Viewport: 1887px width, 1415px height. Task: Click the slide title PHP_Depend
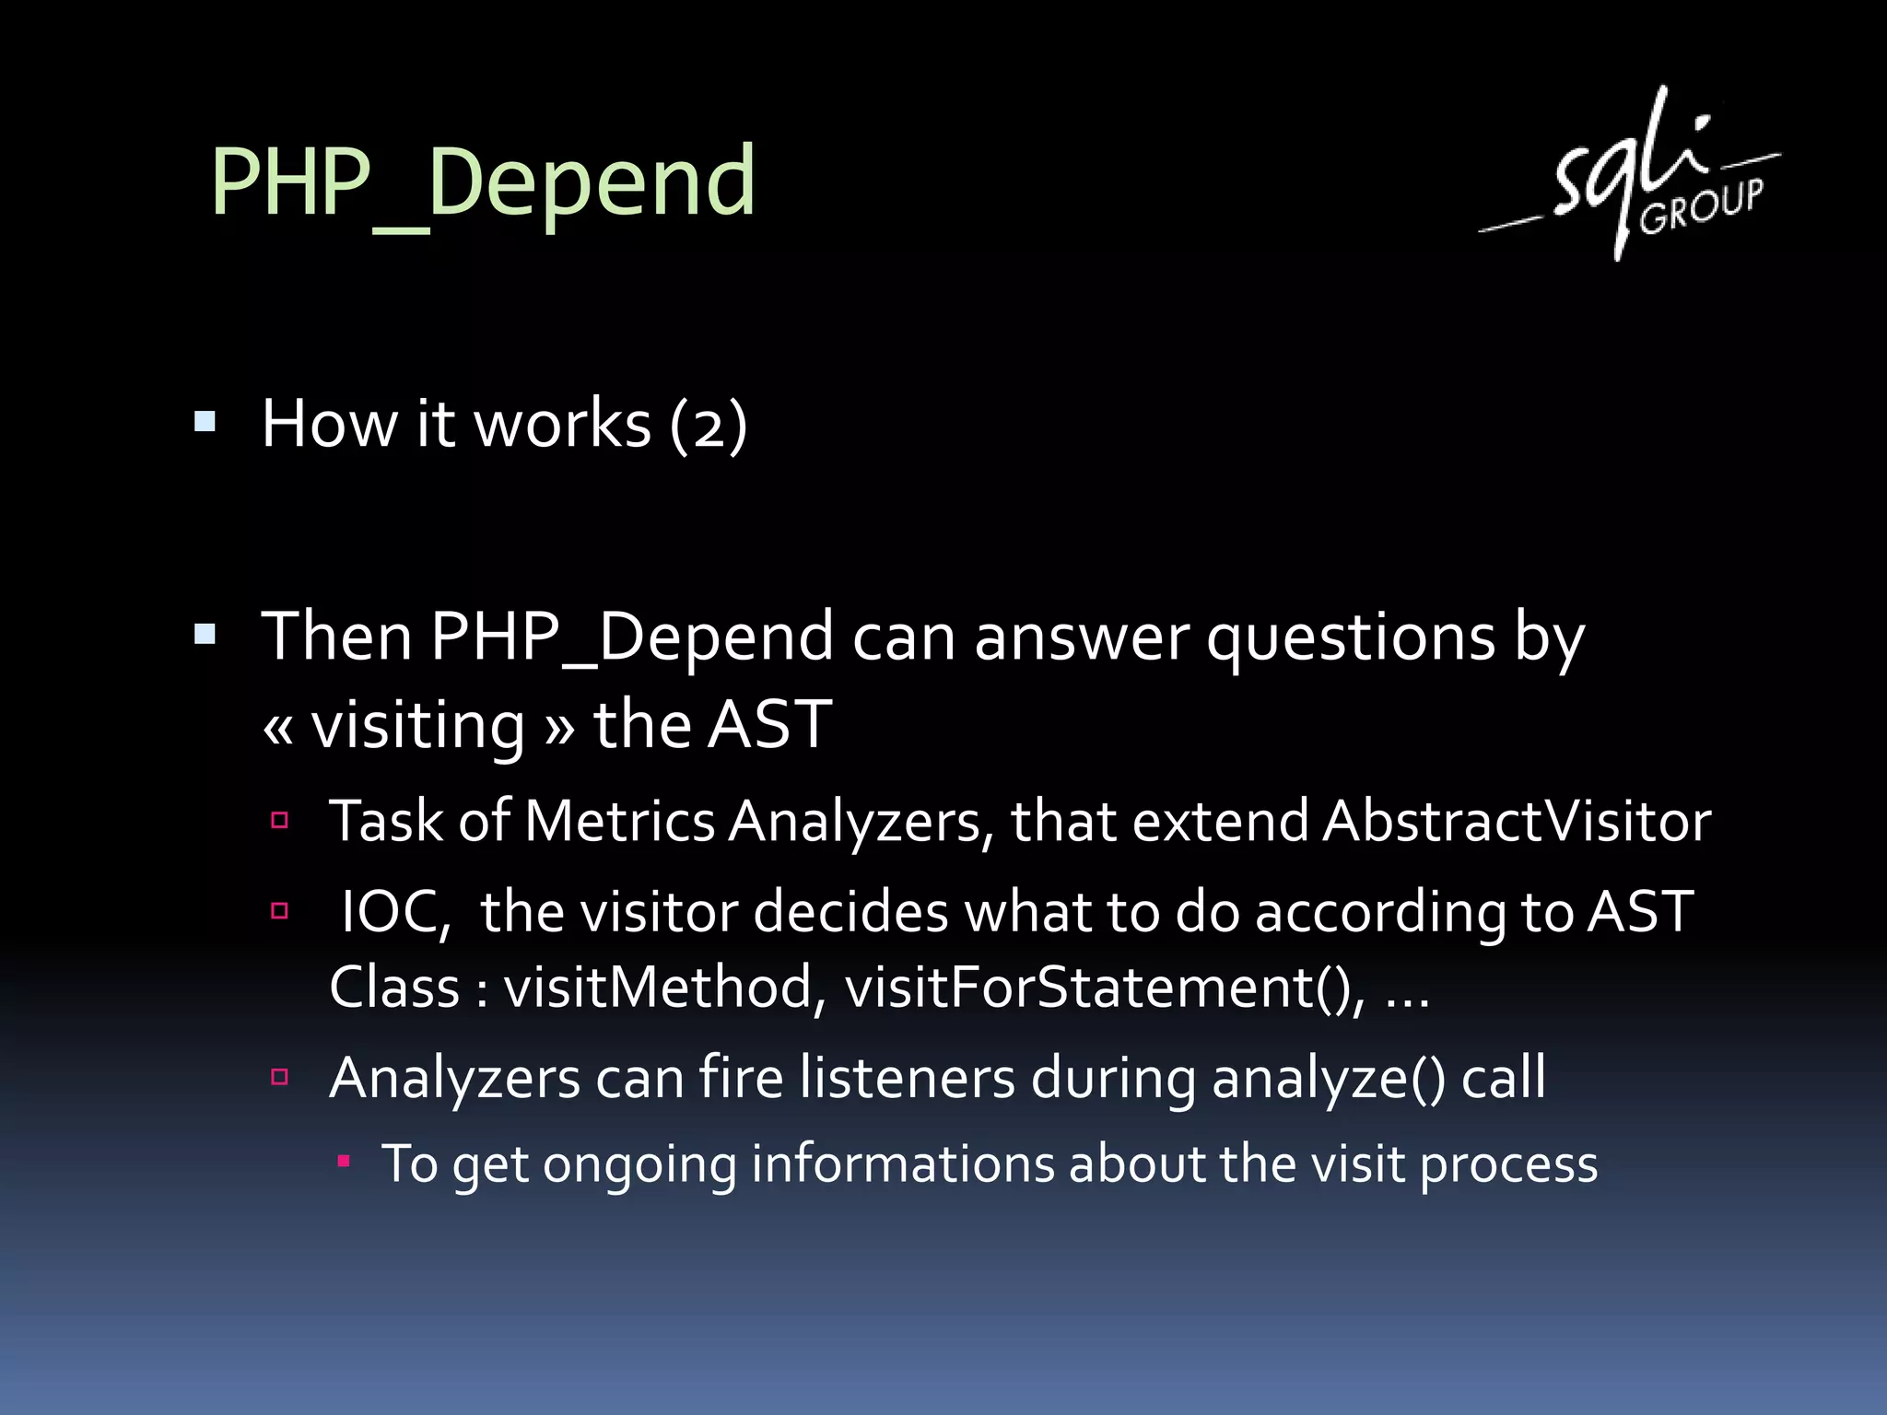tap(483, 183)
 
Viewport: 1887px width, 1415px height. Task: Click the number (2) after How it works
tap(708, 425)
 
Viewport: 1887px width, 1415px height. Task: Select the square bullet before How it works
tap(205, 423)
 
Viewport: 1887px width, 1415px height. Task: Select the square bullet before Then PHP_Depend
tap(205, 635)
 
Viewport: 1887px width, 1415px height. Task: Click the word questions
tap(1351, 637)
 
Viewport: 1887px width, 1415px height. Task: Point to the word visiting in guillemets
tap(417, 725)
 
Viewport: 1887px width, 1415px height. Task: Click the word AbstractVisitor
tap(1517, 821)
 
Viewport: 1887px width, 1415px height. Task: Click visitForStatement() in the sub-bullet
tap(1105, 988)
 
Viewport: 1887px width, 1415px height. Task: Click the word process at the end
tap(1508, 1165)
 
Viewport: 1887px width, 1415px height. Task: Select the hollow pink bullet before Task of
tap(280, 820)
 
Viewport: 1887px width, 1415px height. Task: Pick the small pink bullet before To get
tap(344, 1162)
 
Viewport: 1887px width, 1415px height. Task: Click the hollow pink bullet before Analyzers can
tap(280, 1076)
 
